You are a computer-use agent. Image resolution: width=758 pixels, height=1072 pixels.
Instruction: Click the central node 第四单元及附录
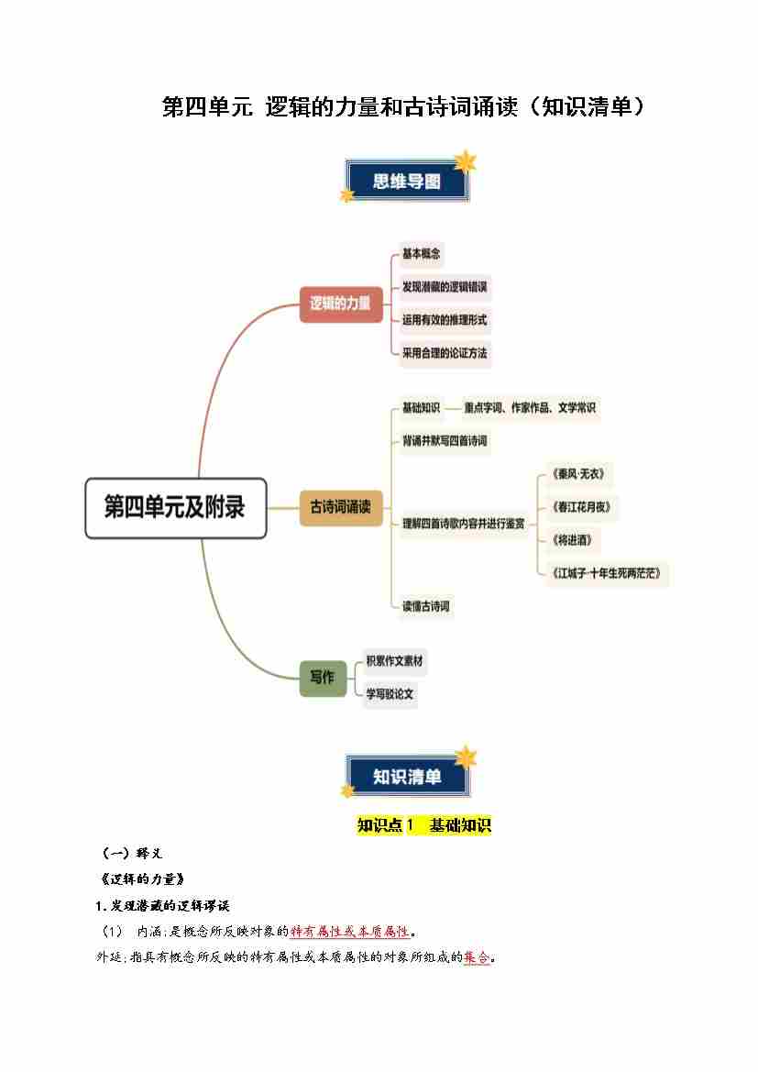175,507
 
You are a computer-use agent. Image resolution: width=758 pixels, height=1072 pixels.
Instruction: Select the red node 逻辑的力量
340,304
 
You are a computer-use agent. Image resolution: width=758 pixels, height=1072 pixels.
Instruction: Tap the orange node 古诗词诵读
340,507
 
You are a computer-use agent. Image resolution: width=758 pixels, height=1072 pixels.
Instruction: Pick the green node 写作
322,678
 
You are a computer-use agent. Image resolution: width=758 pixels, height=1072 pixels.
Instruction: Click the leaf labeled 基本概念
422,254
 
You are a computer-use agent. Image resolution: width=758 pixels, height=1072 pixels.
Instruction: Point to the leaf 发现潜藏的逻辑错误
445,287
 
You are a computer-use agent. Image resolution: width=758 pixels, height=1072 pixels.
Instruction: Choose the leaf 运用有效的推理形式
445,320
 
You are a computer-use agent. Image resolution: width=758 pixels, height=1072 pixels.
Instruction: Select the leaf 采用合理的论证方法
445,353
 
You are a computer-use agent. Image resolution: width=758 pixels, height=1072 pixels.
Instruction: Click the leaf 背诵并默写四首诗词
445,441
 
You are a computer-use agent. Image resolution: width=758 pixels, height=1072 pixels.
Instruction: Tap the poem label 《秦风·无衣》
578,474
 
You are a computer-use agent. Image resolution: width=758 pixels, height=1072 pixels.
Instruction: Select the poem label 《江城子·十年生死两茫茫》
607,574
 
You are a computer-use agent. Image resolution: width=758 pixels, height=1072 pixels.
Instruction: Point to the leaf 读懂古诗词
426,606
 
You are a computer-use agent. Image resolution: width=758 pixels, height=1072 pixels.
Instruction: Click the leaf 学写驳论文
390,694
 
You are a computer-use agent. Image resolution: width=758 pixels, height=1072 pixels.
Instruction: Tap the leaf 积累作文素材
395,661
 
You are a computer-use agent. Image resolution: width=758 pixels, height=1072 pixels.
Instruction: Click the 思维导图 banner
407,182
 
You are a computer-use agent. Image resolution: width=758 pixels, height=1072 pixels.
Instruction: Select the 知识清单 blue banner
407,777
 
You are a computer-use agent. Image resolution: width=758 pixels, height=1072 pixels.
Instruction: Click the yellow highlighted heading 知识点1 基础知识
423,825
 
